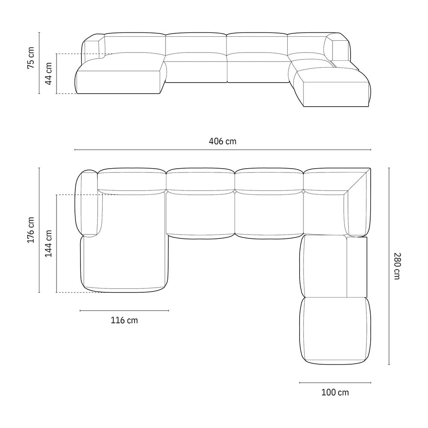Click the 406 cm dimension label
[x=223, y=141]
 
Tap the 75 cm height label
[x=31, y=58]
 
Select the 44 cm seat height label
[x=48, y=74]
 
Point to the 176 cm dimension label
[x=31, y=230]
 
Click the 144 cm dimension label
[x=48, y=244]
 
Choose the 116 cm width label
[x=124, y=320]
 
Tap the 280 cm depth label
[x=397, y=266]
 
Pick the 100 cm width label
[x=335, y=392]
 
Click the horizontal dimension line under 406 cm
[x=223, y=149]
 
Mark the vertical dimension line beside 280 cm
[x=389, y=266]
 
